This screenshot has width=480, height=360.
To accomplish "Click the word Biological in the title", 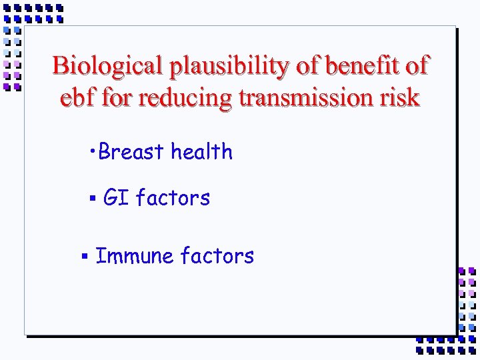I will pos(108,66).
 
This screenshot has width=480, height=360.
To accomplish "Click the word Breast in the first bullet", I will pos(131,152).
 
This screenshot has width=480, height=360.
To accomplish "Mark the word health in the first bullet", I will pos(201,152).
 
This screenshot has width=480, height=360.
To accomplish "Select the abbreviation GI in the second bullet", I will pos(116,198).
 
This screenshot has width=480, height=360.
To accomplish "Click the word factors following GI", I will pos(173,198).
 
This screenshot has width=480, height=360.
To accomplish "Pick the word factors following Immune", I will pos(217,256).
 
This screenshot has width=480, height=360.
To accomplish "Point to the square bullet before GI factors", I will pos(93,198).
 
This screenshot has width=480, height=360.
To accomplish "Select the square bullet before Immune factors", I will pos(85,256).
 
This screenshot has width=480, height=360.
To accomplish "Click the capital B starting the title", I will pos(60,66).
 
